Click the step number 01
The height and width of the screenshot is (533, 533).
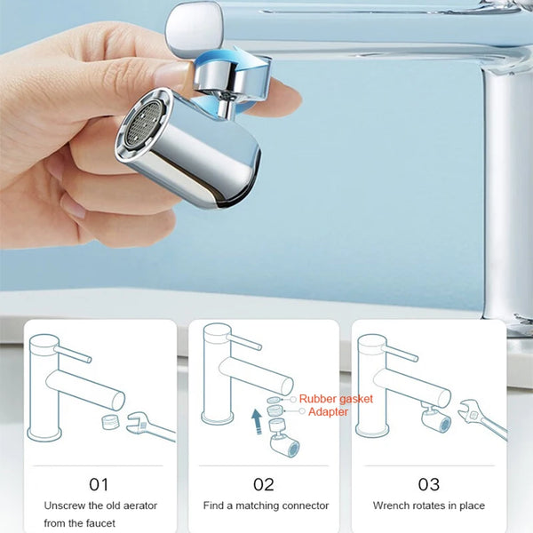(x=99, y=484)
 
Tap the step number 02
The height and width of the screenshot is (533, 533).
(x=264, y=484)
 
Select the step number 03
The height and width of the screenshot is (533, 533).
(x=429, y=484)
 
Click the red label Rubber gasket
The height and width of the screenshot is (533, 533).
(x=336, y=399)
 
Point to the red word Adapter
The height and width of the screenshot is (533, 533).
(x=328, y=412)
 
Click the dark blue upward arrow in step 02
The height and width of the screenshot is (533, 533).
(x=257, y=421)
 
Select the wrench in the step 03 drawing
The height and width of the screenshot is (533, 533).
(x=482, y=418)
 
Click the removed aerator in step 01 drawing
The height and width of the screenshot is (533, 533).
(x=111, y=421)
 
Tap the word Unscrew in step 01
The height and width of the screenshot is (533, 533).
(x=65, y=505)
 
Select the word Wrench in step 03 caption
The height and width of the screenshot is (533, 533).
(x=391, y=505)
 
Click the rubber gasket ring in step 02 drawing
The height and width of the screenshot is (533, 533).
(x=274, y=400)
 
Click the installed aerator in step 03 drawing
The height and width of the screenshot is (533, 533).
(x=435, y=418)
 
